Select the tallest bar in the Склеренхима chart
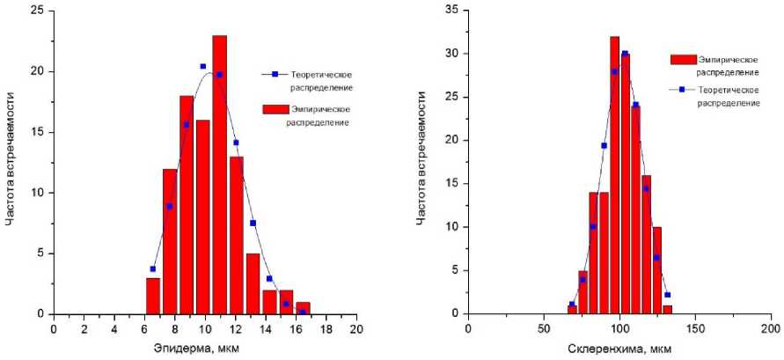click(x=614, y=176)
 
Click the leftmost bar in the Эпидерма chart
click(x=153, y=295)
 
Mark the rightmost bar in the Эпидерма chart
click(x=303, y=307)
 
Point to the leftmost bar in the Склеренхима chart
click(x=572, y=309)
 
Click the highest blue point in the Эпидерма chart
click(x=203, y=66)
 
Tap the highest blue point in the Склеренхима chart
click(x=625, y=54)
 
